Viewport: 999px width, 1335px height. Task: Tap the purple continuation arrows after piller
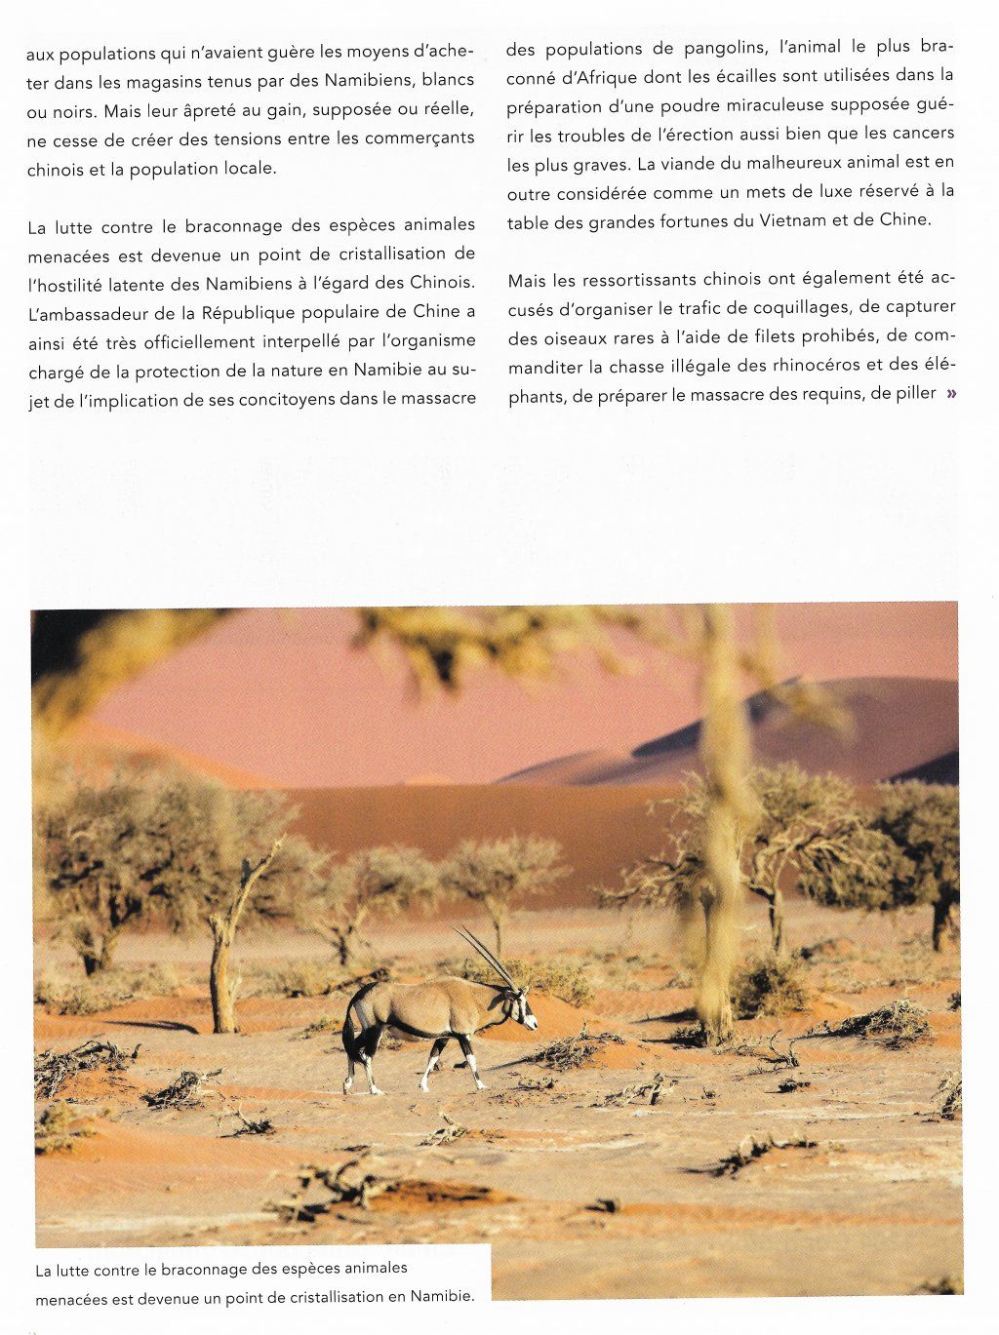(x=949, y=394)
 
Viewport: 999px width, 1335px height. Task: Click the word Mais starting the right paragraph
(x=527, y=280)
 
